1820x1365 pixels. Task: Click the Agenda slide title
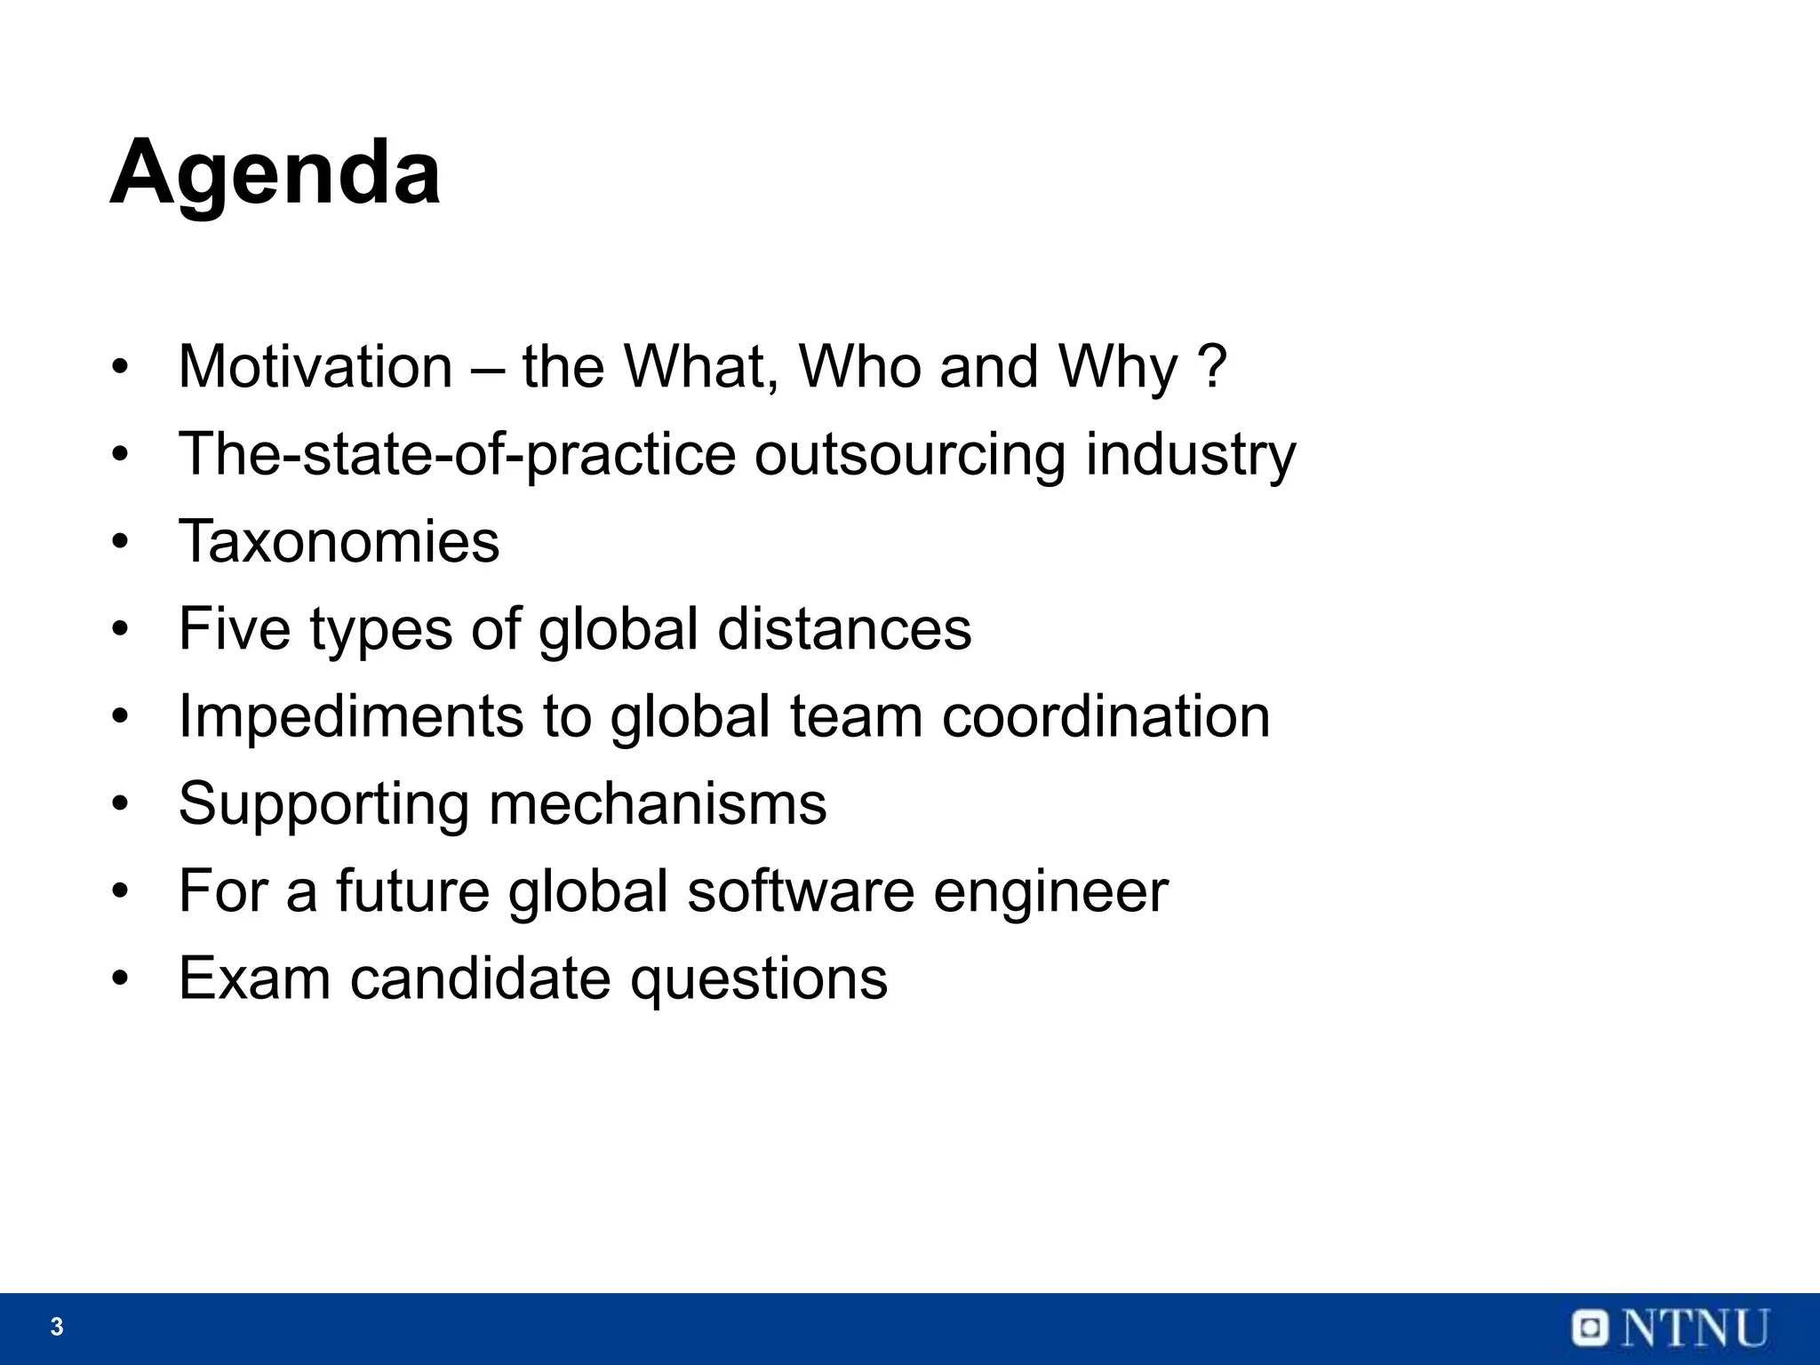(275, 173)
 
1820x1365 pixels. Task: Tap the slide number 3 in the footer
(57, 1327)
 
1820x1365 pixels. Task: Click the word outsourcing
(909, 454)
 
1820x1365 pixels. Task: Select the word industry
(1190, 454)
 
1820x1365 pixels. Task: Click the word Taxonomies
(339, 540)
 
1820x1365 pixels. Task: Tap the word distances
(844, 628)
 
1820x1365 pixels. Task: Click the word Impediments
(351, 715)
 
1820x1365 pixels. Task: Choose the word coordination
(1106, 715)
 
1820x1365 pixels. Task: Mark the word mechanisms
(658, 802)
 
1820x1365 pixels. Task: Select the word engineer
(1050, 891)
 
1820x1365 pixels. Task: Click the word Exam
(255, 978)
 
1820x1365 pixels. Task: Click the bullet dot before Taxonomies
(121, 541)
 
